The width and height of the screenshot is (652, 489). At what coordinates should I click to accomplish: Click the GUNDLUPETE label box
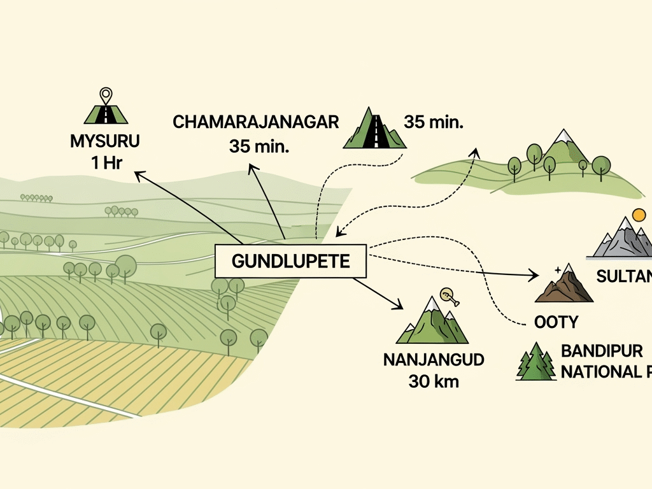(x=291, y=262)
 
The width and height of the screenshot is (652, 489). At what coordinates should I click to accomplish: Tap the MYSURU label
(x=104, y=141)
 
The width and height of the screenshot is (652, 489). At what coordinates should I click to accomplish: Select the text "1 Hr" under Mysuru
(x=106, y=163)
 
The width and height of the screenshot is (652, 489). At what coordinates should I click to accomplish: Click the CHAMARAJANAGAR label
(x=256, y=123)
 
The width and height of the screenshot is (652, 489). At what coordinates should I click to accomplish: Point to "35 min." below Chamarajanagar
(x=259, y=146)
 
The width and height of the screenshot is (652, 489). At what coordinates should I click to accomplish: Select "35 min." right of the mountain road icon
(x=433, y=122)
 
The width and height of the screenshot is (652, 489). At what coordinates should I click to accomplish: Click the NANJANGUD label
(x=434, y=360)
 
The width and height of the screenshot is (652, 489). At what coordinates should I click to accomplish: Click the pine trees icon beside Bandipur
(x=535, y=362)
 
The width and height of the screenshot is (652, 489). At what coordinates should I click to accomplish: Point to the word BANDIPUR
(x=602, y=351)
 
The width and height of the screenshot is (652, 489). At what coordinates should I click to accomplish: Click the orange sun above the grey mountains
(x=639, y=214)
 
